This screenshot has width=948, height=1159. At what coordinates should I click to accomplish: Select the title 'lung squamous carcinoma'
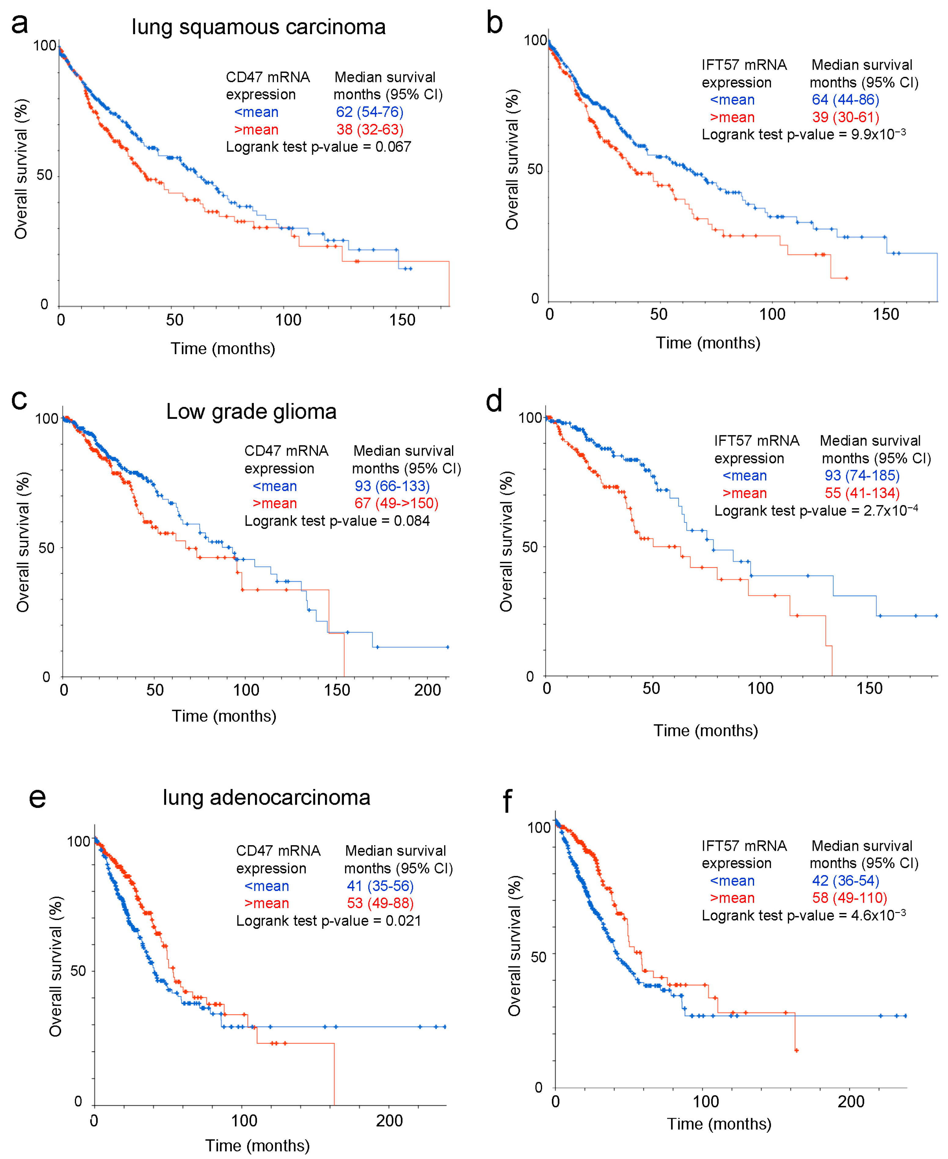pyautogui.click(x=258, y=27)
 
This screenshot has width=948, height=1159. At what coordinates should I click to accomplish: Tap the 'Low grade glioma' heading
pyautogui.click(x=251, y=411)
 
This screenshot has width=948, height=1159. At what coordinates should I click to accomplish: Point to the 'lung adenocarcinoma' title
pyautogui.click(x=267, y=797)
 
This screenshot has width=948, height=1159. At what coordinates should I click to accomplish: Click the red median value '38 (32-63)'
pyautogui.click(x=370, y=130)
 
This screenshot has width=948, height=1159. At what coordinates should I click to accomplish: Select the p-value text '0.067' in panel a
pyautogui.click(x=393, y=147)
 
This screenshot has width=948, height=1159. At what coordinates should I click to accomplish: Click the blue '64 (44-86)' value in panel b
pyautogui.click(x=845, y=100)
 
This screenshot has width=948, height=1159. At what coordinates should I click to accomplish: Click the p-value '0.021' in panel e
pyautogui.click(x=403, y=921)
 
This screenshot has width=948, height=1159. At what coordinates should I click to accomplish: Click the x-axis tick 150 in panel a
pyautogui.click(x=403, y=320)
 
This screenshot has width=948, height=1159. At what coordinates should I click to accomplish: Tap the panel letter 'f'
pyautogui.click(x=507, y=801)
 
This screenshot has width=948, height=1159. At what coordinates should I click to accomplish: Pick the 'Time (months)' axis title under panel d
pyautogui.click(x=706, y=731)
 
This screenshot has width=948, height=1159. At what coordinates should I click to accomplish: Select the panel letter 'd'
pyautogui.click(x=494, y=402)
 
